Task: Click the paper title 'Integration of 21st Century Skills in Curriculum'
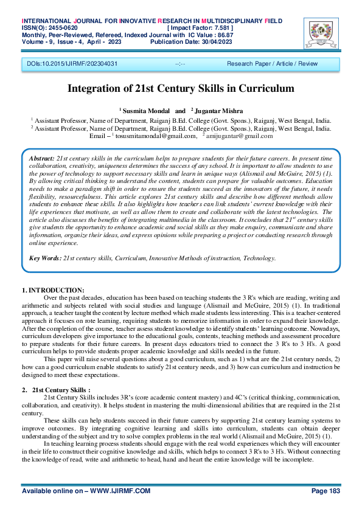pos(181,88)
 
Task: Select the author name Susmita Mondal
pos(145,111)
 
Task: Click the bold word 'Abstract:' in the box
pos(41,157)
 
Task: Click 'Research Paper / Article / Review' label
pos(272,63)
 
